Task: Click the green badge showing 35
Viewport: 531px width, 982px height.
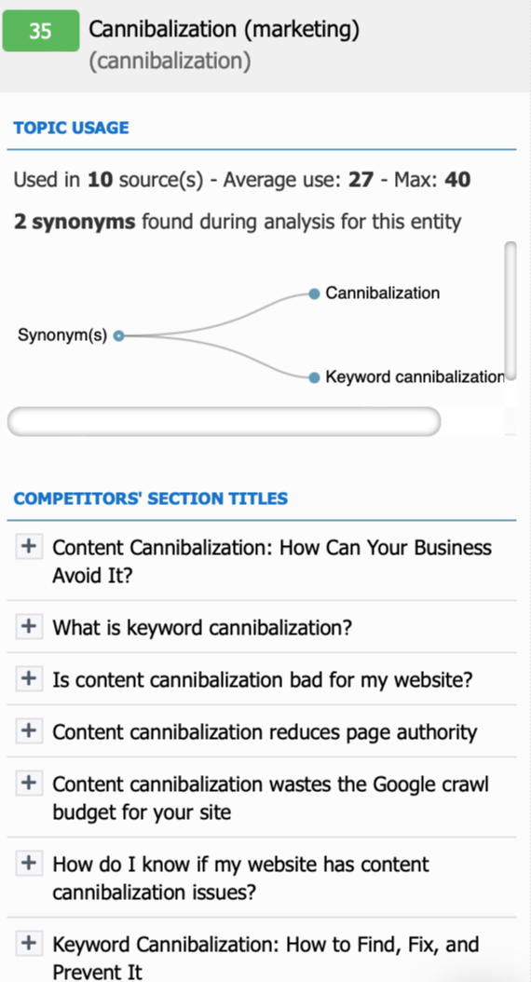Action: [x=41, y=31]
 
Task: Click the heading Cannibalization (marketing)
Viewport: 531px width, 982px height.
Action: [x=225, y=30]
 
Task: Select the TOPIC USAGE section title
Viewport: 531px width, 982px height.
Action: [x=72, y=128]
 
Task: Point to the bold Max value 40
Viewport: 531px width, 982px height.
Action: [x=457, y=181]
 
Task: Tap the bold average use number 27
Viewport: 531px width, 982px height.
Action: [x=361, y=181]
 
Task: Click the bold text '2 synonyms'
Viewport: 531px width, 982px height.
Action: [x=75, y=222]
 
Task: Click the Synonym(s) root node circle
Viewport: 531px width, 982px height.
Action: [x=119, y=335]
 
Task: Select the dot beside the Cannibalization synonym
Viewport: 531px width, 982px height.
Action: [x=314, y=293]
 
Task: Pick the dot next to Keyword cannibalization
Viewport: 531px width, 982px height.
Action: [x=314, y=377]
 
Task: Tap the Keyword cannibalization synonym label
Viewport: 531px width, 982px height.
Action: [x=415, y=377]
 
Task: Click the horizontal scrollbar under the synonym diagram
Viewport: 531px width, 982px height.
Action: [x=225, y=421]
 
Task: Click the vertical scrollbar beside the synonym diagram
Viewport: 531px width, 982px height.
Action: [x=511, y=311]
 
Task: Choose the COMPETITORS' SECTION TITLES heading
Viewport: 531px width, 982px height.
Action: [x=151, y=498]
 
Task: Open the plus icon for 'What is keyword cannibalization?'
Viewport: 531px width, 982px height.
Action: [x=29, y=625]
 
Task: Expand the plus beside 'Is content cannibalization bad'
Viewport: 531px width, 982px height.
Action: [x=29, y=677]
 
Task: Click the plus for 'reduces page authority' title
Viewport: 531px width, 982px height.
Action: [x=29, y=730]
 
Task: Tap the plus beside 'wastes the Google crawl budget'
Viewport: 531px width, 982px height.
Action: [x=29, y=783]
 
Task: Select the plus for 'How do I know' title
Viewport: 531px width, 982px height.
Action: [x=29, y=864]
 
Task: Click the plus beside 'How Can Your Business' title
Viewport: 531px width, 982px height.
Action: [x=29, y=546]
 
